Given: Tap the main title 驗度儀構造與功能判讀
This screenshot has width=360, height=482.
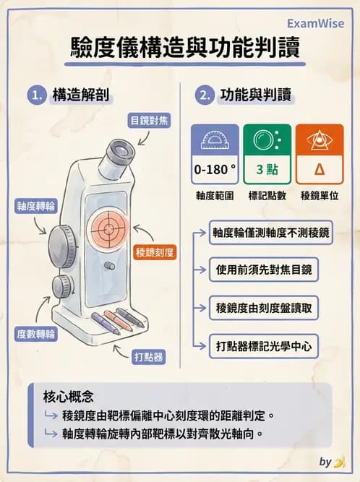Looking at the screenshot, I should (179, 49).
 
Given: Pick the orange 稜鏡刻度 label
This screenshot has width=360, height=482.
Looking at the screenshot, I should (155, 253).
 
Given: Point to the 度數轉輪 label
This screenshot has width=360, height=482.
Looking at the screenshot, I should (35, 333).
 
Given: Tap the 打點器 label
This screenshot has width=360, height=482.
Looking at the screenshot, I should (148, 356).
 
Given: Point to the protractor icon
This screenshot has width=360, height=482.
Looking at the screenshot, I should (215, 141).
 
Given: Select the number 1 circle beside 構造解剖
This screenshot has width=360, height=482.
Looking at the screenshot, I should (35, 95).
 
